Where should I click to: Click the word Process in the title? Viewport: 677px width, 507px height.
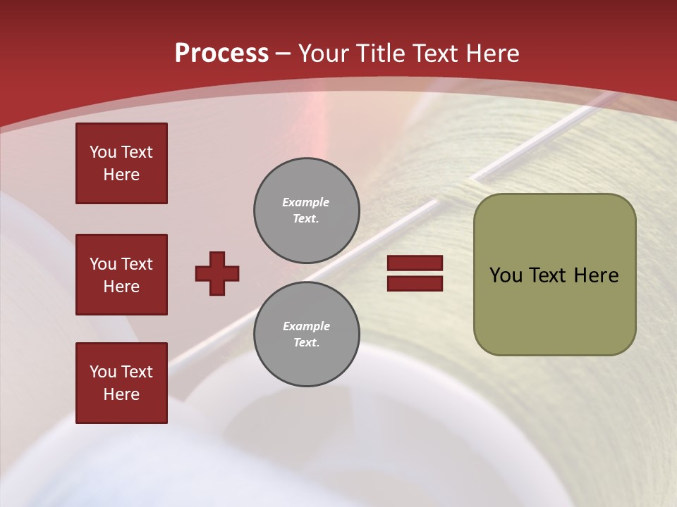[x=221, y=54]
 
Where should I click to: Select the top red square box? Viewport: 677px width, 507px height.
[x=121, y=163]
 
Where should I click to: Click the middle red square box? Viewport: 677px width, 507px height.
[x=121, y=275]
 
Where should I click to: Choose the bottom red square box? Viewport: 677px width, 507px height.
[x=121, y=383]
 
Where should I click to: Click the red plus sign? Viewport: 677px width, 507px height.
[x=217, y=273]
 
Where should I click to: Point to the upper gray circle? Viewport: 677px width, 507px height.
[x=307, y=211]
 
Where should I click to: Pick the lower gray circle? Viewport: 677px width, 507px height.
[x=307, y=334]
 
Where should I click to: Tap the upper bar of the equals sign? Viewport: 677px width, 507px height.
[x=415, y=263]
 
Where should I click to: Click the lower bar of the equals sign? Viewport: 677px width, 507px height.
[x=415, y=283]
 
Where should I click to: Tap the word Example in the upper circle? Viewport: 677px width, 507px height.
[x=306, y=202]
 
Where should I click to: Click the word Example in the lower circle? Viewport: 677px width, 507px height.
[x=306, y=326]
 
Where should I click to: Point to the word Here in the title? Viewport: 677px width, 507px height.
[x=494, y=54]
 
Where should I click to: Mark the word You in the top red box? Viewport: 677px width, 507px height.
[x=103, y=152]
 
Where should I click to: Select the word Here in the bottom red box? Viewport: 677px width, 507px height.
[x=121, y=394]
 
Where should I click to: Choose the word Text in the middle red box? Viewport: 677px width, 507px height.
[x=137, y=264]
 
